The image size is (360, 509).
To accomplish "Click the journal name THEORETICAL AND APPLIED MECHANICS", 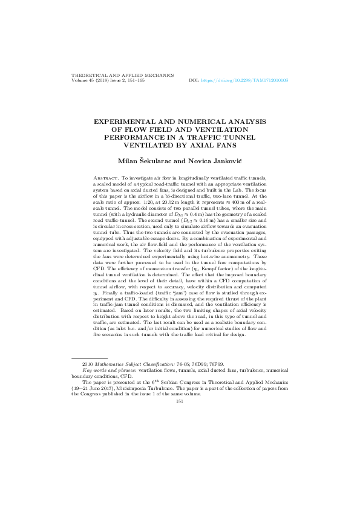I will point(123,75).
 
